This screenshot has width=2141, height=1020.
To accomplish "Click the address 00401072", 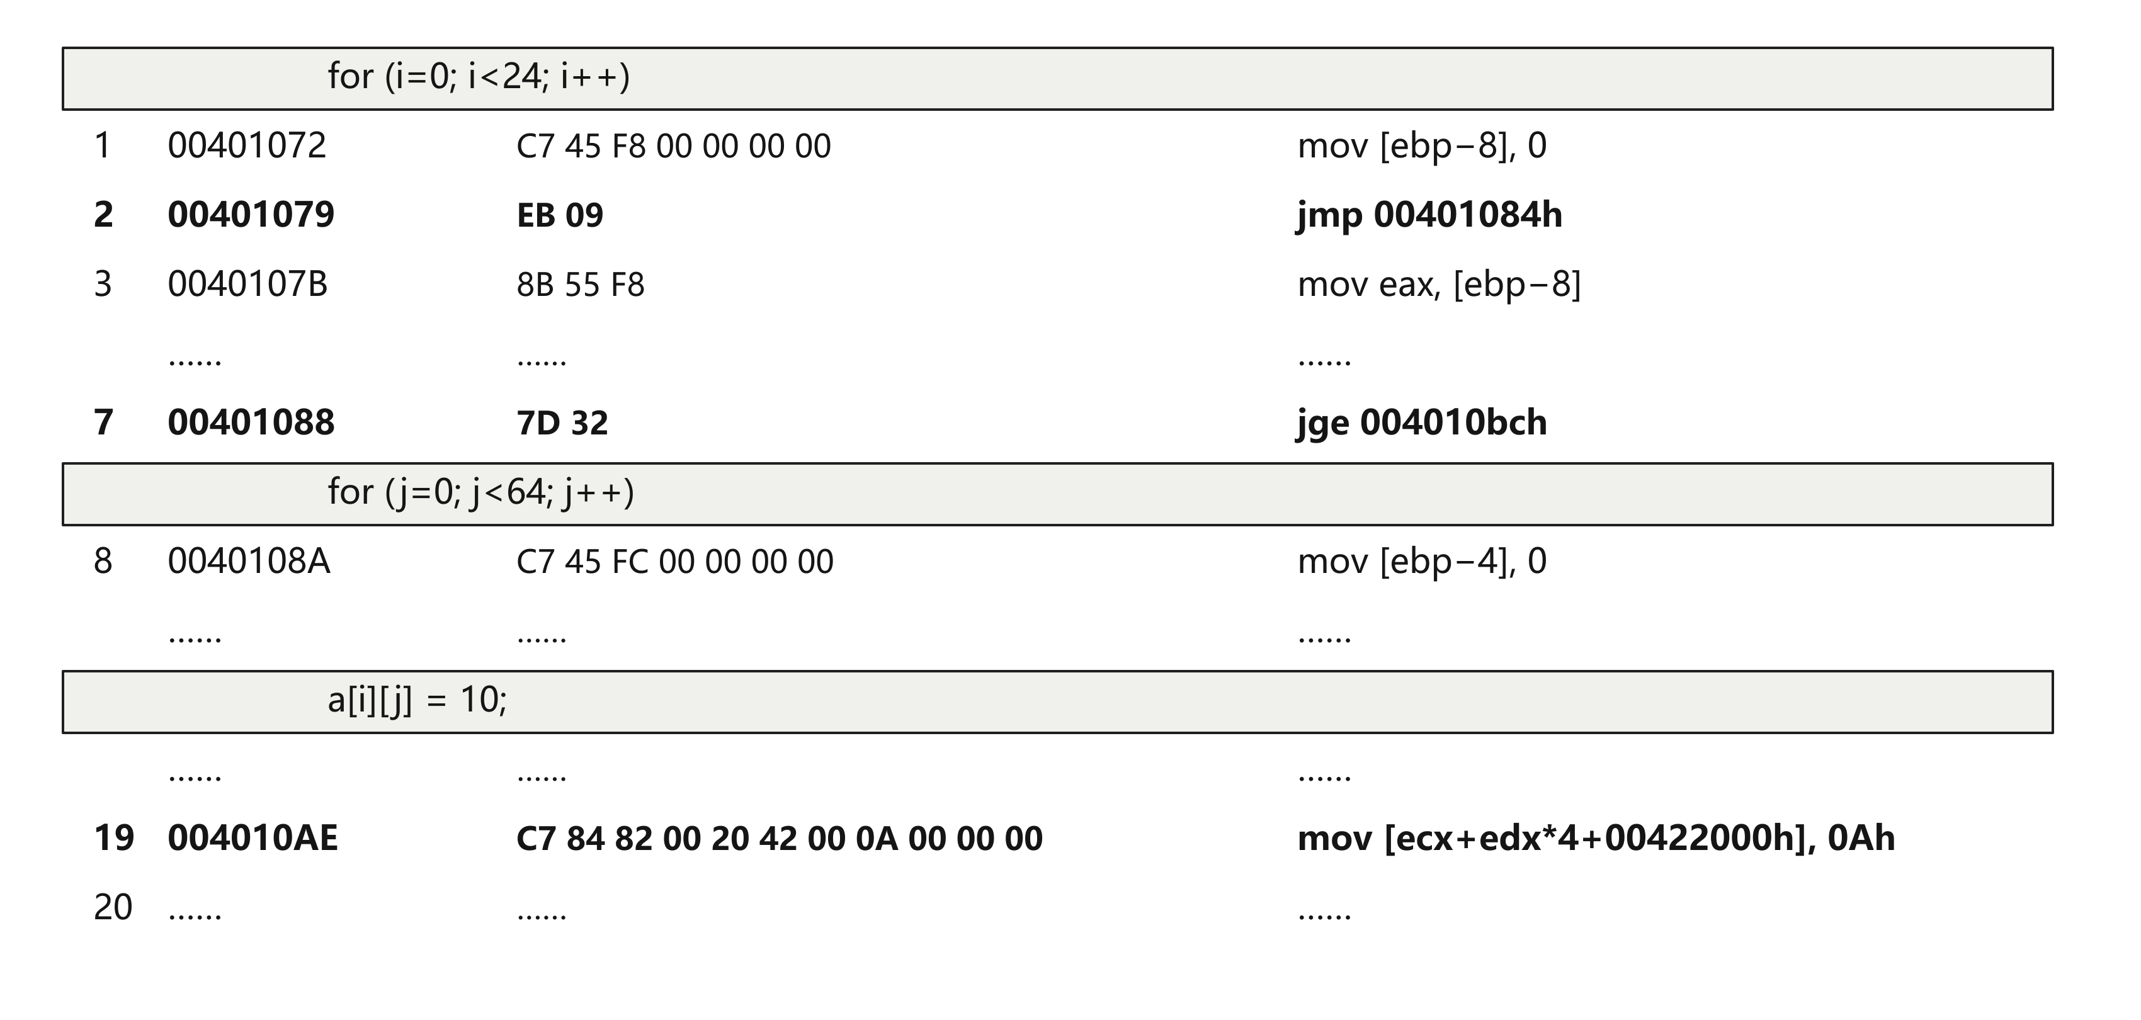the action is coord(247,145).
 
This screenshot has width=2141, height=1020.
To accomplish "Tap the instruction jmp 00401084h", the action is coord(1429,215).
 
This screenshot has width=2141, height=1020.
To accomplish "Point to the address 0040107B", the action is coord(247,285).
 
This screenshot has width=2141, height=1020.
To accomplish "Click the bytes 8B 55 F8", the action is coord(580,285).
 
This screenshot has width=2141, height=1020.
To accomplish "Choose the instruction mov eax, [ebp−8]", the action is coord(1440,285).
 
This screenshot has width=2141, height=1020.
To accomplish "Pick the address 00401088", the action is coord(251,422).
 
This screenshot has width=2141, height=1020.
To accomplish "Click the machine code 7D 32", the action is coord(562,423).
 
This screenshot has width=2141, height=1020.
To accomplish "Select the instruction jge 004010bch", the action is coord(1422,423).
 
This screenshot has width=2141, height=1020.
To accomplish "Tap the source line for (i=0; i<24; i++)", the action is coord(479,76).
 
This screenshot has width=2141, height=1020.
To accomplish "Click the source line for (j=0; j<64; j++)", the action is coord(480,492).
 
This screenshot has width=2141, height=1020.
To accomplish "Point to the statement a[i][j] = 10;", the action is coord(417,700).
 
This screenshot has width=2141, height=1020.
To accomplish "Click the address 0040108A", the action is coord(249,561).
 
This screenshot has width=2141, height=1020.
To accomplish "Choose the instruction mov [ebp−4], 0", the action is coord(1422,561).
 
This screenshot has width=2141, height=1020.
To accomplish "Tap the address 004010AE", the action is coord(253,838).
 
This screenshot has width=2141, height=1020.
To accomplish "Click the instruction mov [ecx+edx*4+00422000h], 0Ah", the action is coord(1596,838).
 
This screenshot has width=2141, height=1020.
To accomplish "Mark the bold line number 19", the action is coord(114,838).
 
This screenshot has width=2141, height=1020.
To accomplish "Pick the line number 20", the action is coord(113,907).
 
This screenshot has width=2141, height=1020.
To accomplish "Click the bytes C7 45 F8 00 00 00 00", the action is coord(673,146).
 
